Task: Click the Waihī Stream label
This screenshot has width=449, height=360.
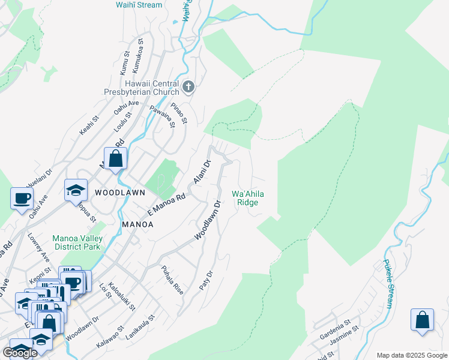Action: [139, 5]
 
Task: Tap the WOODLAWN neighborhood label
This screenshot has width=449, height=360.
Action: [120, 193]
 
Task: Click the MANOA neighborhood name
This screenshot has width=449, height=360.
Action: [137, 224]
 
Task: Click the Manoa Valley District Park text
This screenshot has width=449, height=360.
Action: [77, 242]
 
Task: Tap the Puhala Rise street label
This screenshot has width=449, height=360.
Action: [171, 280]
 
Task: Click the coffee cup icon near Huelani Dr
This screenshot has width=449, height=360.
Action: [22, 197]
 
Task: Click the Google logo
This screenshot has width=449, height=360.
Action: [20, 353]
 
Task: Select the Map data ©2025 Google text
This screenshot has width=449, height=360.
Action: [411, 355]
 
